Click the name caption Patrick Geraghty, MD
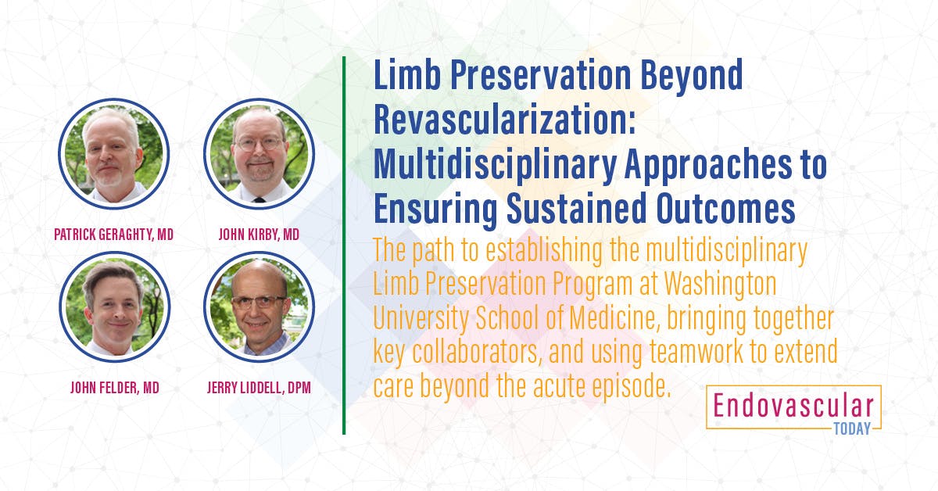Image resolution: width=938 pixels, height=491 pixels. click(x=113, y=234)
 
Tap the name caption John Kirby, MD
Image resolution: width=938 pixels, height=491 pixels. click(x=259, y=234)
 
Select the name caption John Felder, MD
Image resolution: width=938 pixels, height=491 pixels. click(x=113, y=387)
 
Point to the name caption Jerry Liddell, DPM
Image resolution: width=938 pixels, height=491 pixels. click(x=259, y=387)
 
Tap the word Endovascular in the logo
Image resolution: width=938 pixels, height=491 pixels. click(x=793, y=406)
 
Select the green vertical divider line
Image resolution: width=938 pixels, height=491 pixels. click(x=344, y=245)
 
